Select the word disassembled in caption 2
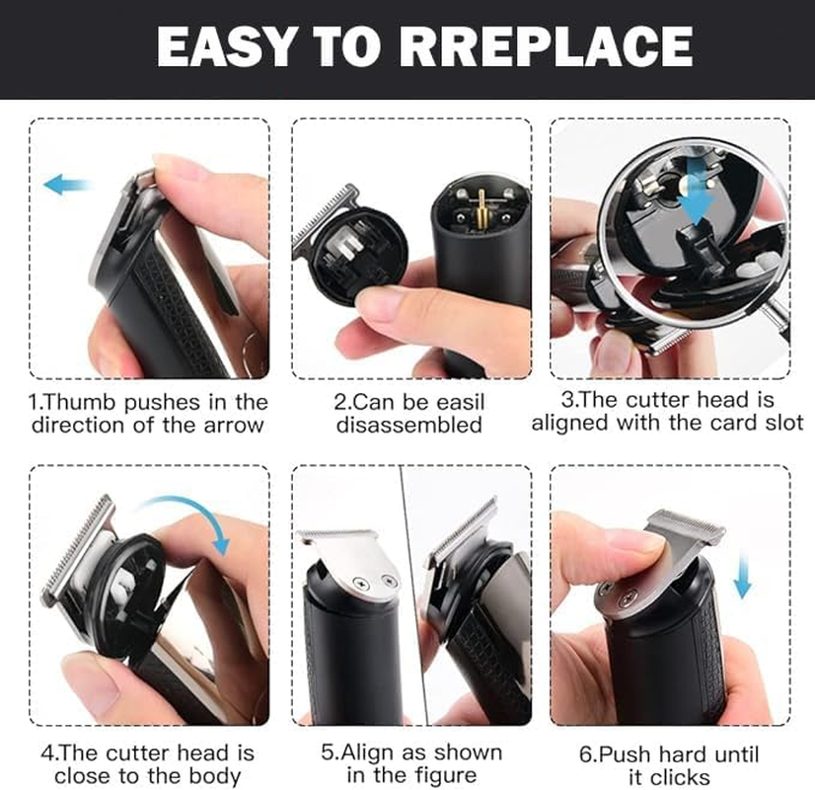409,426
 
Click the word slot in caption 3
781,423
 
